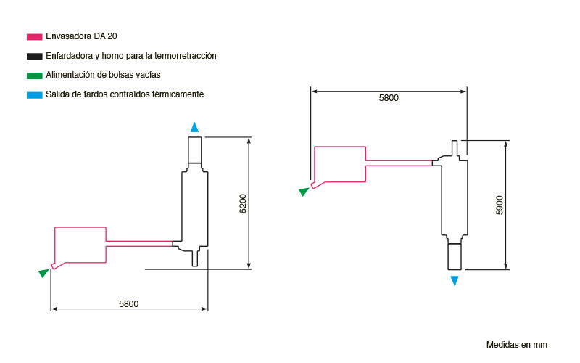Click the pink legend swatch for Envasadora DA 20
pyautogui.click(x=34, y=37)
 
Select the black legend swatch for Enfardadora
pyautogui.click(x=34, y=57)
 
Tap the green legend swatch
pyautogui.click(x=34, y=76)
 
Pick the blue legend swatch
pyautogui.click(x=34, y=95)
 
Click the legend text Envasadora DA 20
pyautogui.click(x=81, y=36)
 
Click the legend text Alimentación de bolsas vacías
pyautogui.click(x=103, y=75)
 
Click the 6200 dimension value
pyautogui.click(x=243, y=203)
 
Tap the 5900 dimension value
pyautogui.click(x=500, y=205)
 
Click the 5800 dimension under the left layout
pyautogui.click(x=129, y=304)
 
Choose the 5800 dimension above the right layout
pyautogui.click(x=389, y=98)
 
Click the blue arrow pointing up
pyautogui.click(x=194, y=127)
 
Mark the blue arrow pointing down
pyautogui.click(x=455, y=281)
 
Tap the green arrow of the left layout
pyautogui.click(x=44, y=273)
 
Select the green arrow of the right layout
pyautogui.click(x=304, y=192)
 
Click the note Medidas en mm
pyautogui.click(x=517, y=345)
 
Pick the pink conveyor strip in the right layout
pyautogui.click(x=399, y=163)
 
